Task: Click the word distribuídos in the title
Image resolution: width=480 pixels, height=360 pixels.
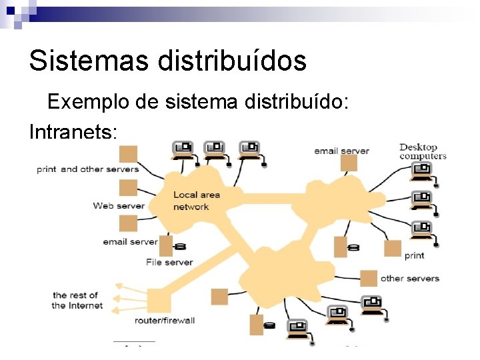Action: click(x=232, y=61)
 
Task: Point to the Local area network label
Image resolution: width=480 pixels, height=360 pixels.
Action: click(x=196, y=201)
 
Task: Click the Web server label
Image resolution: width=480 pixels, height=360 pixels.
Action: click(x=119, y=205)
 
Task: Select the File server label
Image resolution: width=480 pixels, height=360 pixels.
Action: click(x=169, y=262)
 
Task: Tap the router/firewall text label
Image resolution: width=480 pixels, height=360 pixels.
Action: click(x=165, y=321)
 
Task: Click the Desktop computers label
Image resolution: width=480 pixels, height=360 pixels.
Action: click(x=423, y=151)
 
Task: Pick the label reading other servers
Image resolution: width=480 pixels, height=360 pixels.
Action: click(x=409, y=278)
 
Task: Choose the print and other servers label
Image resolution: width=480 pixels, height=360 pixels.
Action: click(x=87, y=169)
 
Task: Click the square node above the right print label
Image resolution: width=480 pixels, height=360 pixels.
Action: click(x=393, y=249)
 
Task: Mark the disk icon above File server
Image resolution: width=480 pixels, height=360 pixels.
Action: click(x=179, y=247)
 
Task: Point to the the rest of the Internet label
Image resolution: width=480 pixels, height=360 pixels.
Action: click(x=77, y=300)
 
